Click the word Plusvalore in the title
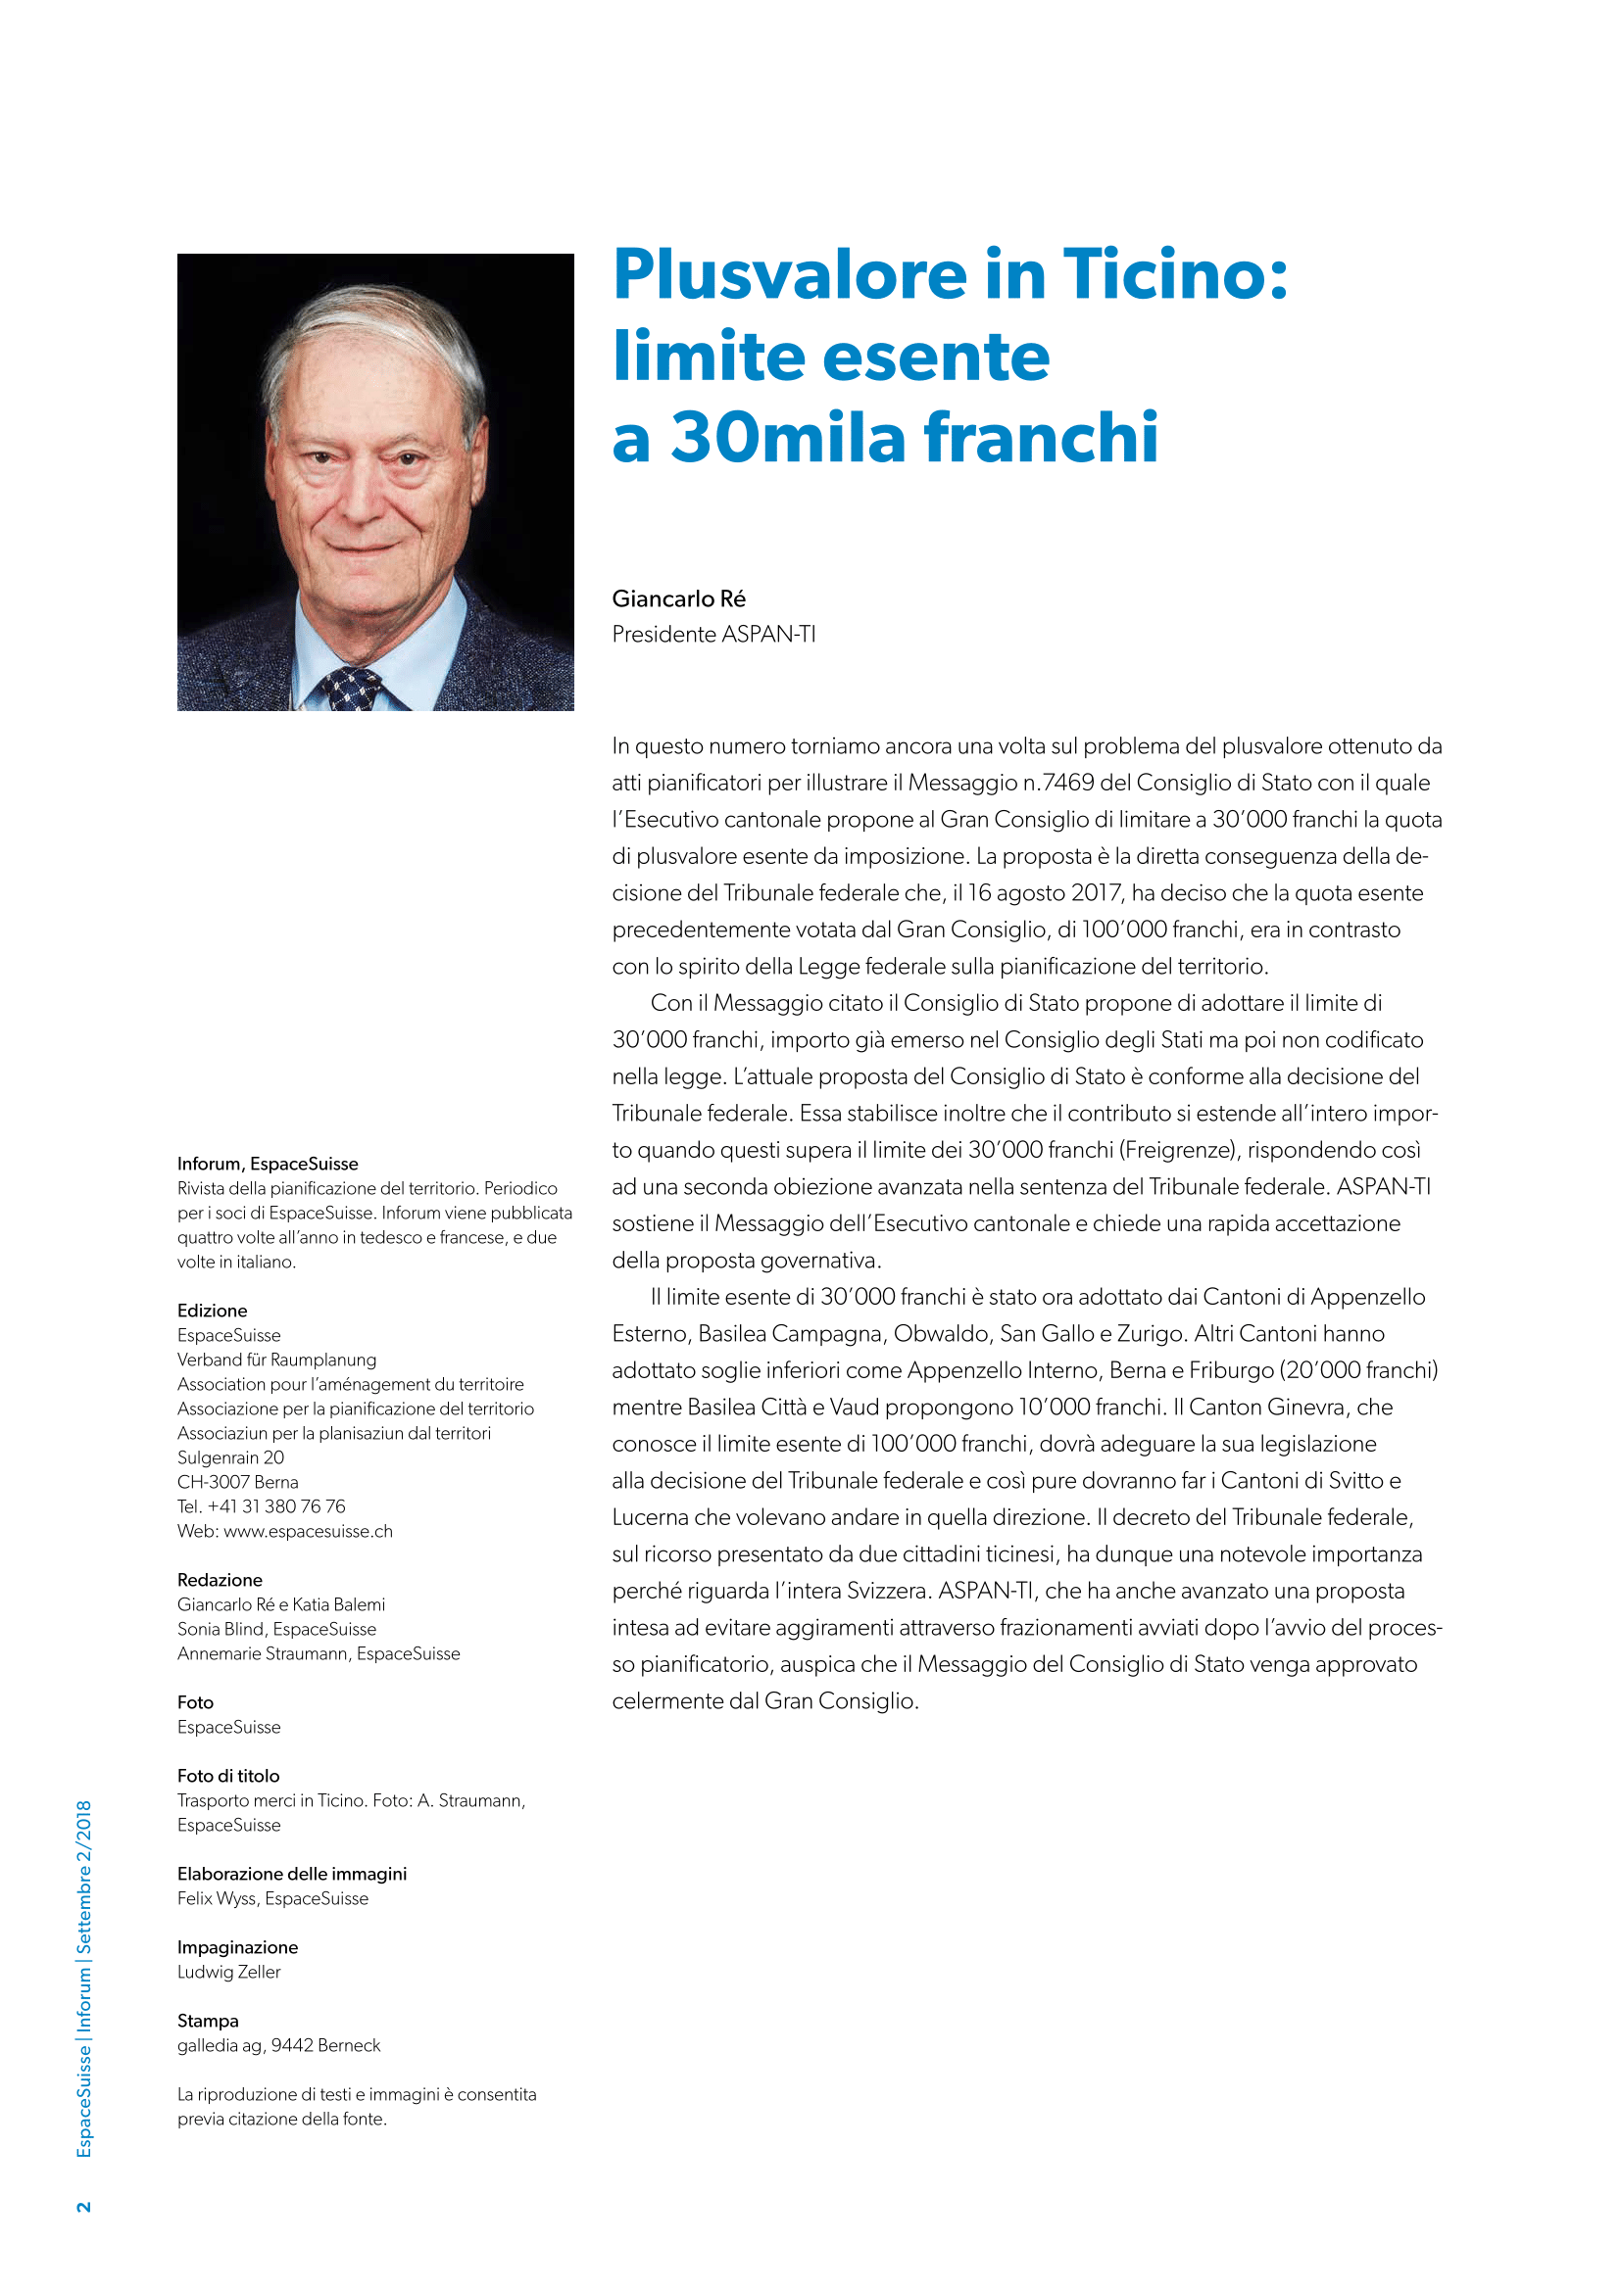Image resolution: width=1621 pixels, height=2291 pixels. tap(790, 274)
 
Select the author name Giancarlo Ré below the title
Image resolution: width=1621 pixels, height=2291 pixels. tap(679, 598)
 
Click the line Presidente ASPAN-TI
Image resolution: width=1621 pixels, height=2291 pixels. tap(713, 635)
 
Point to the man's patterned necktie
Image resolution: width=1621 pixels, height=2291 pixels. tap(344, 688)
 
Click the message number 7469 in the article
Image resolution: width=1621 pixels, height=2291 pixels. tap(1068, 784)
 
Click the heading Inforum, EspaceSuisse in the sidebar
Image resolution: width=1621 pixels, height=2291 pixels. tap(268, 1164)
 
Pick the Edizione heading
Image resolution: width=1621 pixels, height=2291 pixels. tap(213, 1311)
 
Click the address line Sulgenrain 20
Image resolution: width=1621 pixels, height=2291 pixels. tap(230, 1456)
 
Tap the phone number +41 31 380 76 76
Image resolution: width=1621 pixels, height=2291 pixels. tap(276, 1505)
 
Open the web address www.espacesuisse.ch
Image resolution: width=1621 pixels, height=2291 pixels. tap(309, 1531)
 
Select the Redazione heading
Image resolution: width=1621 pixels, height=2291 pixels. tap(220, 1580)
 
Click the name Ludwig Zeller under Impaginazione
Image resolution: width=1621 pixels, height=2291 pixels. tap(229, 1972)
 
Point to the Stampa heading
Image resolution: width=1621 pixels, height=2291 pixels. tap(208, 2021)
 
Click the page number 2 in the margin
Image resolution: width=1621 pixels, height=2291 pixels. tap(84, 2206)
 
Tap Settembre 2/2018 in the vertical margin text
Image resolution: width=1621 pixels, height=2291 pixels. tap(84, 1876)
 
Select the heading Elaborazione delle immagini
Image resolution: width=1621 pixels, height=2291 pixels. tap(291, 1874)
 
